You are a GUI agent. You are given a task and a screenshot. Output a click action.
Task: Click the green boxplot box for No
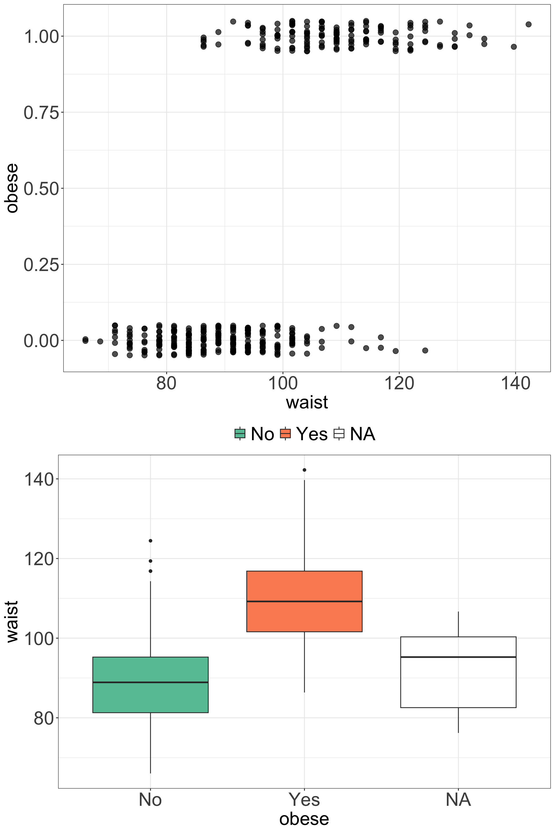[x=150, y=694]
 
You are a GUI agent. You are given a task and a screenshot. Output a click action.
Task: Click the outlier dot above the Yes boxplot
[x=304, y=470]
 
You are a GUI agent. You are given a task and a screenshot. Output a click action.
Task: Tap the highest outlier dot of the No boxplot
[x=150, y=541]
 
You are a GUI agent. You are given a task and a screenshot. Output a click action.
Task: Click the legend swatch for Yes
[x=285, y=434]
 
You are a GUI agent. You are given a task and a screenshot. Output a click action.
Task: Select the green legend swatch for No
[x=240, y=434]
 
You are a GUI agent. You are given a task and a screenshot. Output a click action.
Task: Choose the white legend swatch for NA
[x=339, y=434]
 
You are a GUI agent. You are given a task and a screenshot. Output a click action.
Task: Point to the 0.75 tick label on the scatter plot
[x=41, y=113]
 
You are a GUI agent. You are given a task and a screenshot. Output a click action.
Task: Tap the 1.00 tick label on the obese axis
[x=41, y=36]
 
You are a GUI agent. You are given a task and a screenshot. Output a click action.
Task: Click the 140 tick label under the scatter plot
[x=515, y=384]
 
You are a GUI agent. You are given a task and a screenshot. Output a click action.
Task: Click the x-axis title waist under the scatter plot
[x=307, y=403]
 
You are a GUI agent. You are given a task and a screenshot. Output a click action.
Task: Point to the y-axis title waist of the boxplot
[x=12, y=622]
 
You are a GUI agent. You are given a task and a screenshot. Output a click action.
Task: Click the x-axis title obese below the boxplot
[x=304, y=819]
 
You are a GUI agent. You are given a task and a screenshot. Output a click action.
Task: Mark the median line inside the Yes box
[x=304, y=601]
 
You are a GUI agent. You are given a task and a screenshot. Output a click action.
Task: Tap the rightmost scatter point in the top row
[x=528, y=24]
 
